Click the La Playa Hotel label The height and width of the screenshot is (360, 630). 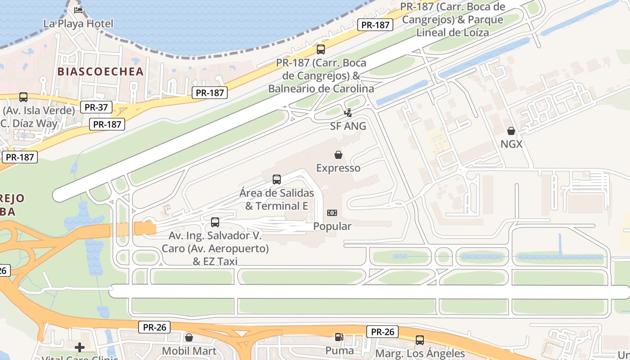78,23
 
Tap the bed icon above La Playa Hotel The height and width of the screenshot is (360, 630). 78,10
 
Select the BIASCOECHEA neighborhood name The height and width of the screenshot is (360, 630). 100,72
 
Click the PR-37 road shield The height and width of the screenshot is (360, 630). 96,107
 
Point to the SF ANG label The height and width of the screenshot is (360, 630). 348,126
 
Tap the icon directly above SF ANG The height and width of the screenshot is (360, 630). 348,113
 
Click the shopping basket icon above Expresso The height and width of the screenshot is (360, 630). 338,155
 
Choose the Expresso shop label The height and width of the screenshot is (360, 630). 338,168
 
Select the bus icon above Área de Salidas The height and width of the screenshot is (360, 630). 277,180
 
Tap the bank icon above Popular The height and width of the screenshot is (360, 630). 332,213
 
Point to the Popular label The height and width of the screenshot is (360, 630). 332,226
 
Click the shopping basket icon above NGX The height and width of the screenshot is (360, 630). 511,131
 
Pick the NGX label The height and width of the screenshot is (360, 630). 511,144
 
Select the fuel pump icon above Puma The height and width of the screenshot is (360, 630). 338,337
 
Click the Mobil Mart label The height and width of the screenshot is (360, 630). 189,351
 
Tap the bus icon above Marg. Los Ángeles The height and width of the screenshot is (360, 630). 420,340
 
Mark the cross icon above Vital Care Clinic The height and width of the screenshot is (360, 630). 80,347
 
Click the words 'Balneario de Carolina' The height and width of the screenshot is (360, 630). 321,89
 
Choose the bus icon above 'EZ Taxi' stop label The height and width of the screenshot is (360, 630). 215,222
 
